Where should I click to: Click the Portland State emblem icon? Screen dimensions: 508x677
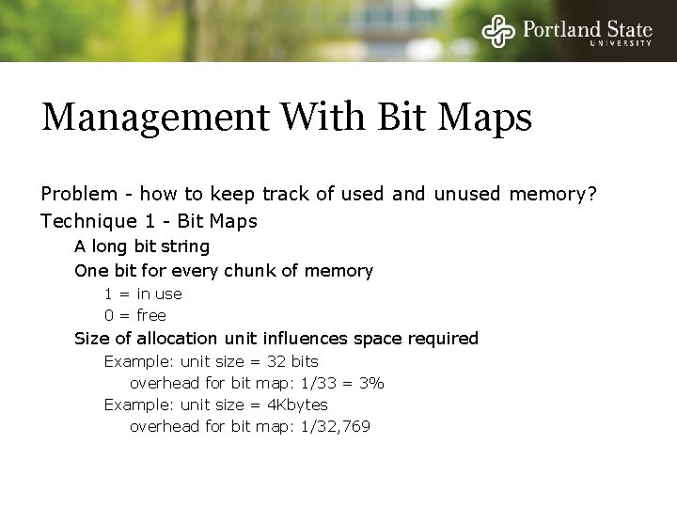click(498, 31)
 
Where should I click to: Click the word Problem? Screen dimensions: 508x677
click(77, 195)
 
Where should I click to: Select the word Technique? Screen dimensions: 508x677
click(82, 222)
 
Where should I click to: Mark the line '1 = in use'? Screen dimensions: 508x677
click(143, 294)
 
